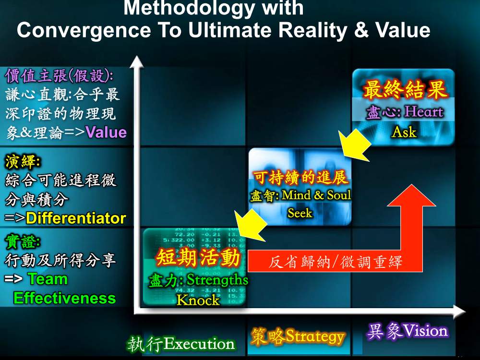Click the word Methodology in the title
[x=189, y=8]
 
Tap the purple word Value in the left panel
[x=106, y=132]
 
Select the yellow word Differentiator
[x=76, y=218]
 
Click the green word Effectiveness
[x=65, y=298]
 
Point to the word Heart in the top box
[x=424, y=112]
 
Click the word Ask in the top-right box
[x=404, y=132]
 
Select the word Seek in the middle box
[x=300, y=213]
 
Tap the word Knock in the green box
[x=198, y=300]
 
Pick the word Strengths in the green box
[x=217, y=280]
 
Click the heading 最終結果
[x=404, y=90]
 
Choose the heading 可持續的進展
[x=300, y=177]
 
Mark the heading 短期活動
[x=198, y=257]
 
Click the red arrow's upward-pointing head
[x=411, y=196]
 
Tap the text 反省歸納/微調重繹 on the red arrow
[x=335, y=262]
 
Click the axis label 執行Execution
[x=181, y=344]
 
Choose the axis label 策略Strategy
[x=298, y=336]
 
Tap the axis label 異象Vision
[x=407, y=331]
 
